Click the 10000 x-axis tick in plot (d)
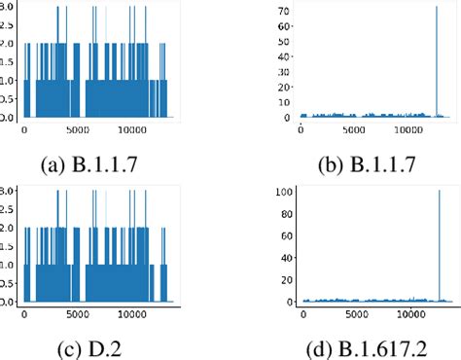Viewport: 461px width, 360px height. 415,314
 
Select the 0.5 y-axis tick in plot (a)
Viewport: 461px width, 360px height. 8,100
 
